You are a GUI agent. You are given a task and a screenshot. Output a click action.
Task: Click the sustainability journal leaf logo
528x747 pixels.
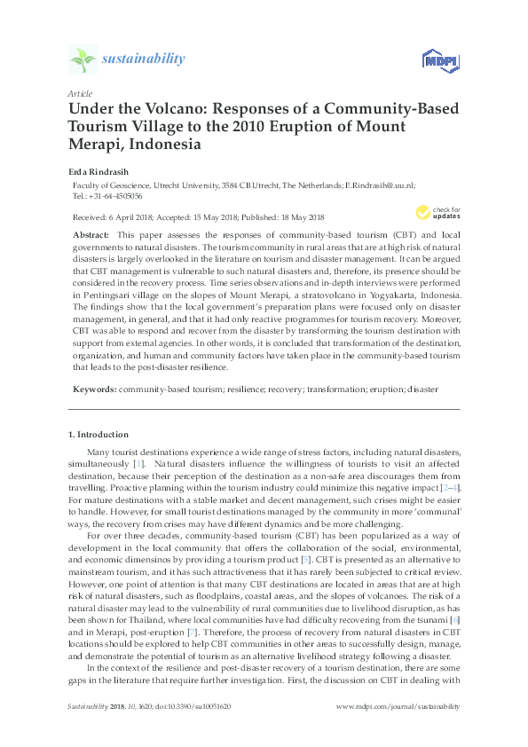pyautogui.click(x=83, y=59)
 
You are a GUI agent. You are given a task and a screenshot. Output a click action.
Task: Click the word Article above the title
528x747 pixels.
pyautogui.click(x=79, y=93)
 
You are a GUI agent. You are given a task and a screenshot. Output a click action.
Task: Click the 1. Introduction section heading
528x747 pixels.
pyautogui.click(x=98, y=435)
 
